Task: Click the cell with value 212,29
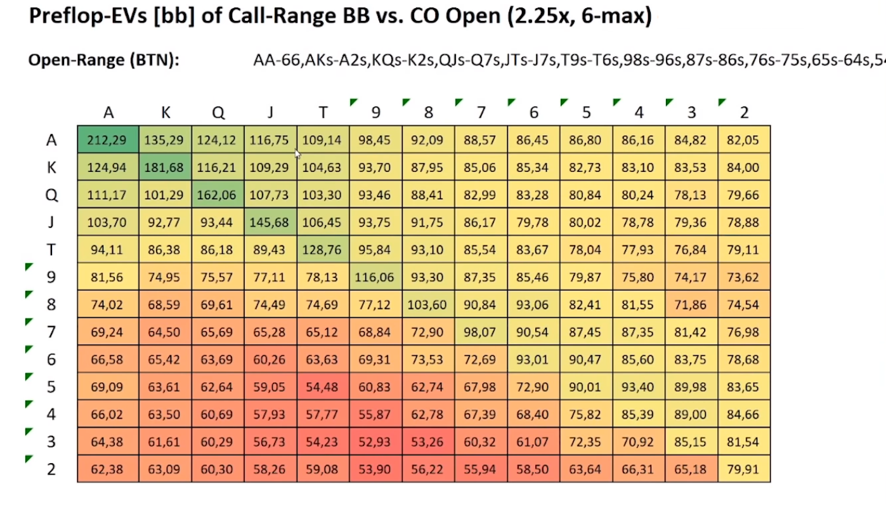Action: coord(107,140)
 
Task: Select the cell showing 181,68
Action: coord(164,167)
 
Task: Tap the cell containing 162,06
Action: coord(217,195)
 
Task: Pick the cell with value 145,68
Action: coord(270,223)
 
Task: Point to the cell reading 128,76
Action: coord(322,250)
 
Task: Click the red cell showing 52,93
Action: coord(375,442)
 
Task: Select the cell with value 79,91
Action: coord(743,470)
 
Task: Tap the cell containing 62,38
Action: coord(107,470)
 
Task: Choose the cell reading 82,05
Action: coord(743,140)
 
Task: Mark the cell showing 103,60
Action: coord(427,305)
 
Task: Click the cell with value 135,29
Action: coord(164,140)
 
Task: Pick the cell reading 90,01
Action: coord(585,388)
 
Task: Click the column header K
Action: coord(165,113)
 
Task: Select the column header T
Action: coord(323,113)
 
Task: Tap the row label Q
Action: coord(51,195)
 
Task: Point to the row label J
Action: coord(51,223)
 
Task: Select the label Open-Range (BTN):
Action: coord(104,60)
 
